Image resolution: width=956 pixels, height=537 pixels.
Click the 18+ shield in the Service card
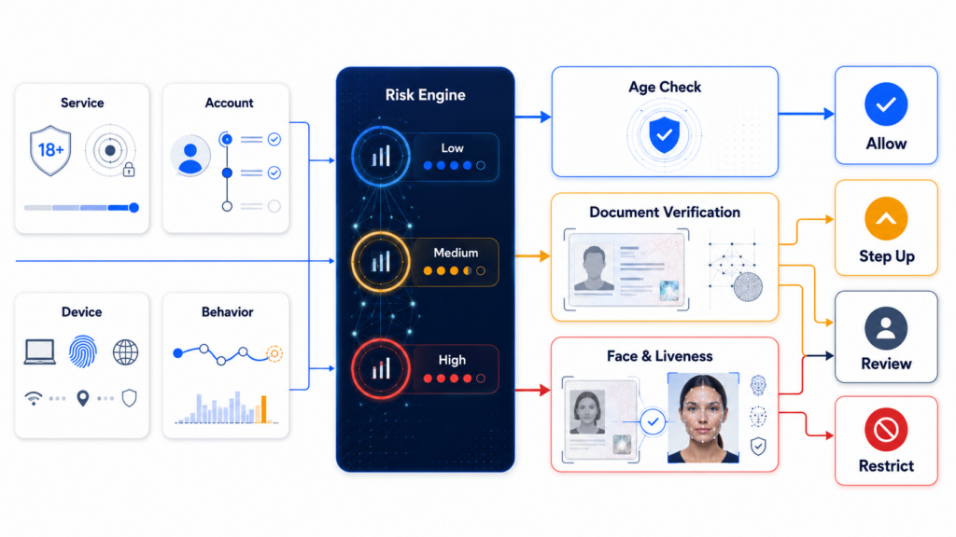point(50,150)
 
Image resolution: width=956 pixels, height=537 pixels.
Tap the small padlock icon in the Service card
point(129,170)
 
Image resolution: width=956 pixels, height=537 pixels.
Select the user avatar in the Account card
point(190,156)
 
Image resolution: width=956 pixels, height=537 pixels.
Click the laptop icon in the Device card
point(39,352)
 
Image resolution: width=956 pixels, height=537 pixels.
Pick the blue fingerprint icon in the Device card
point(82,351)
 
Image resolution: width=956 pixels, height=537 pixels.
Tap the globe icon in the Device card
point(126,351)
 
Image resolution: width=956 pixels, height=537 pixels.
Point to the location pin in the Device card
point(83,398)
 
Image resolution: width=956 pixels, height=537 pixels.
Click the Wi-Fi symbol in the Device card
point(34,398)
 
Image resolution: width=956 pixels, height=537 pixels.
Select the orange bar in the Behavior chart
point(264,409)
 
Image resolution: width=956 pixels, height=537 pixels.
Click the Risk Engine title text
point(425,95)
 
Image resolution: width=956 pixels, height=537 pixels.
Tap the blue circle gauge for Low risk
point(381,157)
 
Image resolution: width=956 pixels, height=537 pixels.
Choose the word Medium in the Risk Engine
point(456,253)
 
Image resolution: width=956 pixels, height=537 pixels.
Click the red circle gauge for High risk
point(381,368)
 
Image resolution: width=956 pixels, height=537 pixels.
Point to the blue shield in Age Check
point(664,135)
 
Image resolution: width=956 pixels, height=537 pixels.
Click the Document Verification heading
point(665,212)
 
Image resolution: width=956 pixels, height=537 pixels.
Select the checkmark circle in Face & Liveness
point(653,421)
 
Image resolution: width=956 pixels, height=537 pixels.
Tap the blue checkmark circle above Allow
point(886,104)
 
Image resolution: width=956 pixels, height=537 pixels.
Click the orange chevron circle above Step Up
point(886,218)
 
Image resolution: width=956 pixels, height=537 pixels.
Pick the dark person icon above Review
point(886,329)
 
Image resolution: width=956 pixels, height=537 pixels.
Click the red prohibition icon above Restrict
point(886,430)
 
